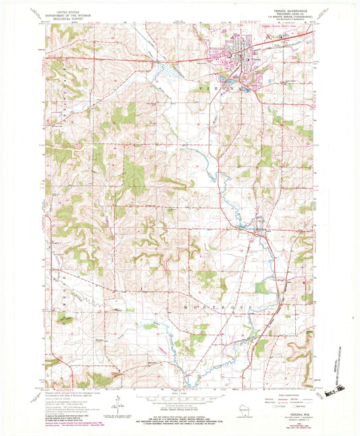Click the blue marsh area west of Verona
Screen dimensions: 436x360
tap(165, 70)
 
